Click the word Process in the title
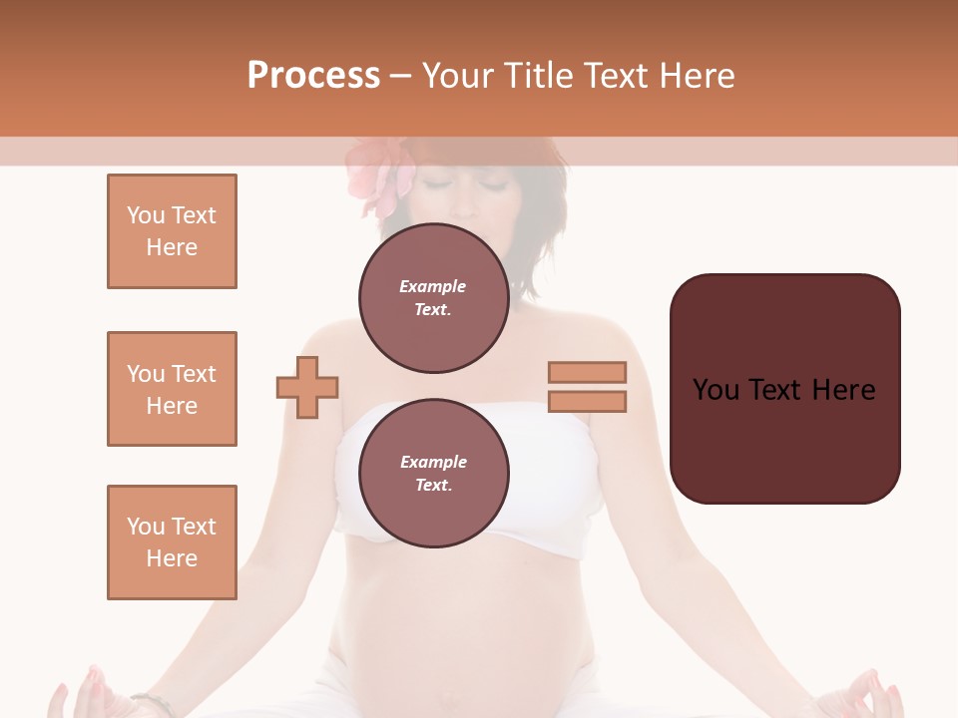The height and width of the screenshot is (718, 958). coord(313,76)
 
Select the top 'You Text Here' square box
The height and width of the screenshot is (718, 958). coord(172,231)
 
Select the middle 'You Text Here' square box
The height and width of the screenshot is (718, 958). coord(172,389)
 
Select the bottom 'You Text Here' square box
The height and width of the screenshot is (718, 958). coord(172,542)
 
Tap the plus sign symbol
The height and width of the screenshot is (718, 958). coord(307,387)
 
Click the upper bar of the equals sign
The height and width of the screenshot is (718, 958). coord(587,372)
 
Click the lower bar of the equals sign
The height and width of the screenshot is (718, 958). coord(587,401)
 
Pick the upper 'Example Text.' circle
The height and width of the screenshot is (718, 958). coord(433,298)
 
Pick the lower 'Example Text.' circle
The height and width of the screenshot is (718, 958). coord(433,474)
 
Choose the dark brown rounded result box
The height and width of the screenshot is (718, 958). coord(784,389)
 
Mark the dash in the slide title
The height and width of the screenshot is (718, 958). coord(401,76)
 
